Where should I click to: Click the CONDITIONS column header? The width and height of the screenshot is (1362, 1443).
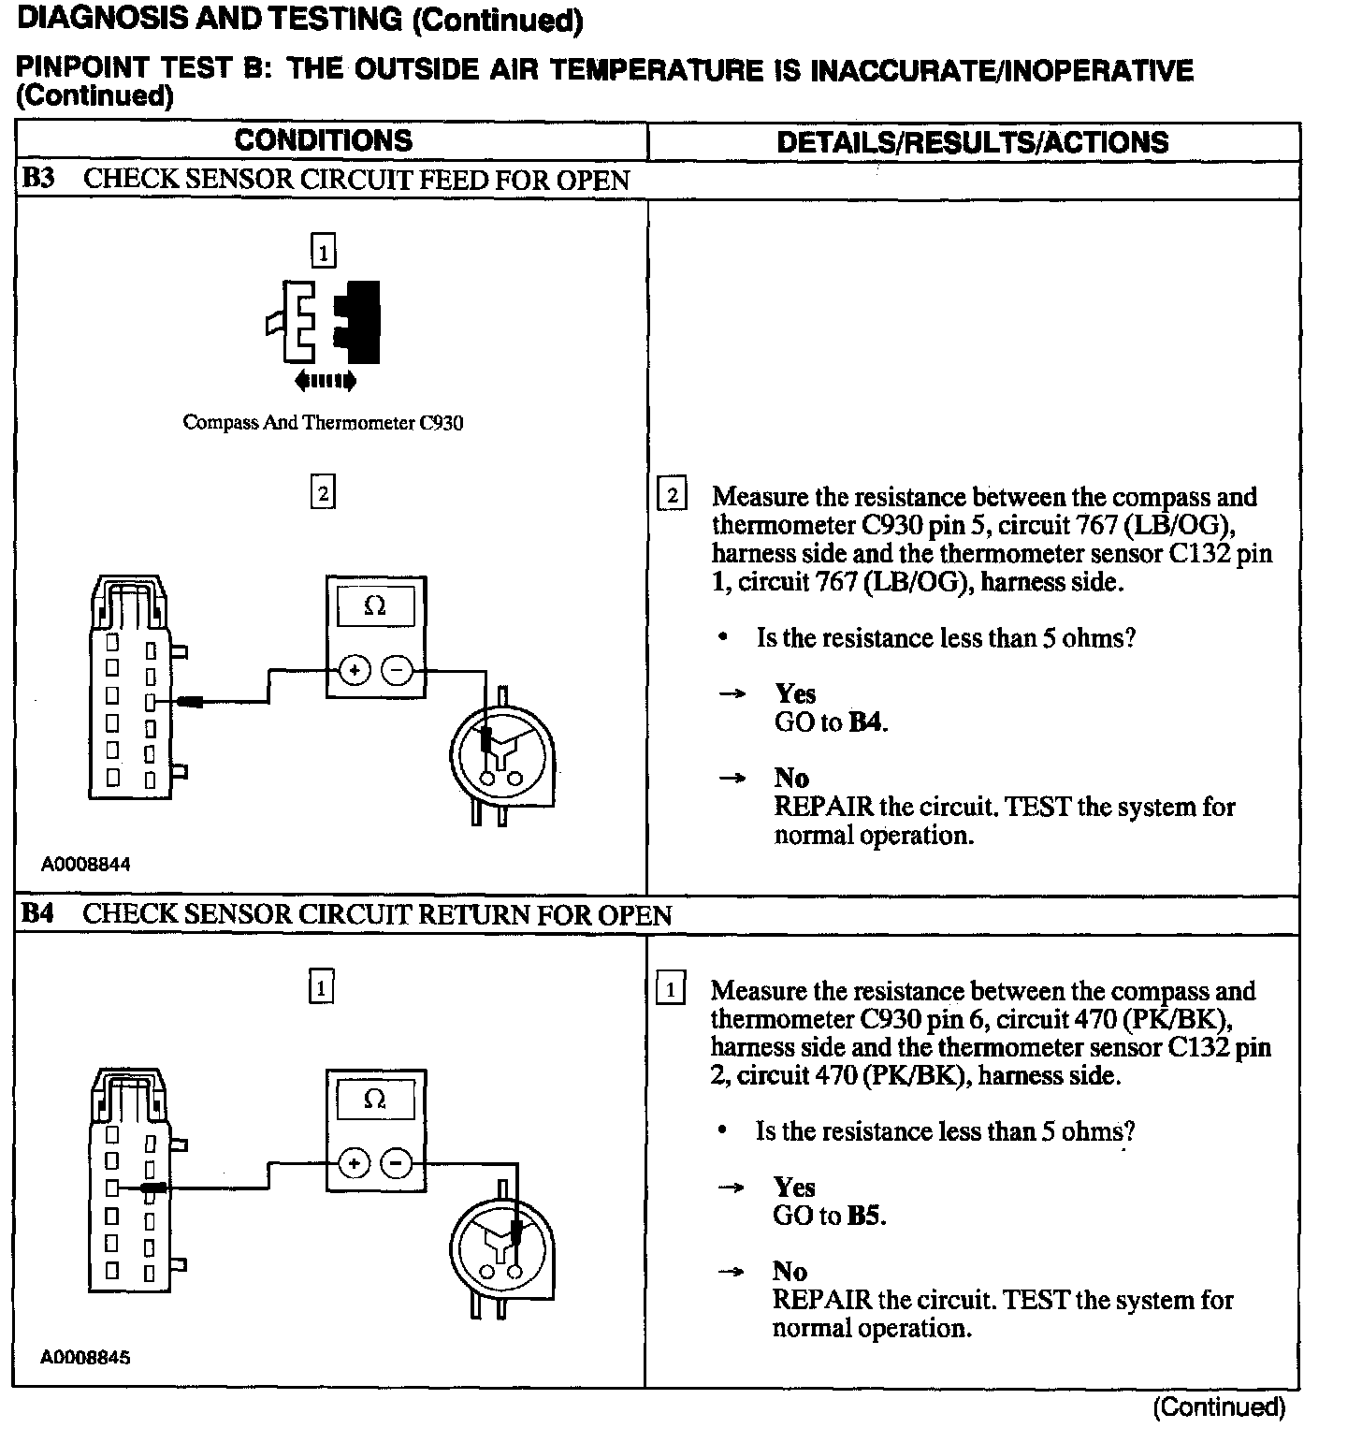pos(323,140)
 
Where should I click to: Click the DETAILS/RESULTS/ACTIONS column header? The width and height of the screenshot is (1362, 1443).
pos(972,142)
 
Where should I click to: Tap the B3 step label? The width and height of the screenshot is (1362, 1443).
pos(37,179)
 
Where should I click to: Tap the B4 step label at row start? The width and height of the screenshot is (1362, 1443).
pos(37,914)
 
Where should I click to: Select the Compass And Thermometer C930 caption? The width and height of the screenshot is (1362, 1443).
pos(323,422)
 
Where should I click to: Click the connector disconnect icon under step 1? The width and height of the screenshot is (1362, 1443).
pos(324,322)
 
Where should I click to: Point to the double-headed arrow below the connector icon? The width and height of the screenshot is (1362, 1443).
pos(324,381)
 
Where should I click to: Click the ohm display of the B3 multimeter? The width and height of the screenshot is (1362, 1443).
pos(375,605)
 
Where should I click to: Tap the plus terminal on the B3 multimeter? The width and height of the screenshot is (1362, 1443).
pos(355,670)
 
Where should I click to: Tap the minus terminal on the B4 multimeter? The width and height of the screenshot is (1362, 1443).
pos(398,1164)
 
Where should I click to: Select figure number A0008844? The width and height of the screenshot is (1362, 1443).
pos(85,865)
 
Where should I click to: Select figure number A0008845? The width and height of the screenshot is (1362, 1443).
pos(85,1358)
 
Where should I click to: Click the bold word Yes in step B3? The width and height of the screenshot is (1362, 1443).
pos(795,693)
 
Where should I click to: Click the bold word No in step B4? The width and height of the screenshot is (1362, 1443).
pos(790,1271)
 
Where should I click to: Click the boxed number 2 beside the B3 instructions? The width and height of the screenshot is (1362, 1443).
pos(672,494)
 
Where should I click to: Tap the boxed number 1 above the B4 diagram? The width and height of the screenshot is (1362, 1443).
pos(321,987)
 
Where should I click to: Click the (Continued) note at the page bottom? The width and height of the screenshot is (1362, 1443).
pos(1218,1407)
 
